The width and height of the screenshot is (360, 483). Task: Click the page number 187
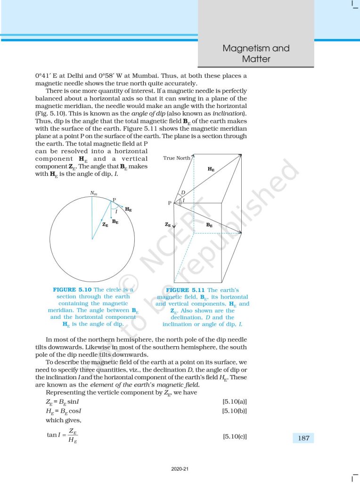[304, 438]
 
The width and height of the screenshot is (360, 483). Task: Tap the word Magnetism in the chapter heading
[244, 49]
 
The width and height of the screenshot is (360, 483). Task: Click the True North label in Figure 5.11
[176, 158]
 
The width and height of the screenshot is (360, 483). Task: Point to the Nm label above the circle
[93, 192]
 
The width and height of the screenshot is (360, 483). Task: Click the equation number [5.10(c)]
[234, 436]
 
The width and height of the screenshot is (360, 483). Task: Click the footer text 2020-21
[180, 469]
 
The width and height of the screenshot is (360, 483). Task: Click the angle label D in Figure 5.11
[184, 193]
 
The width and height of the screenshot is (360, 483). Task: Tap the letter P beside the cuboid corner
[170, 203]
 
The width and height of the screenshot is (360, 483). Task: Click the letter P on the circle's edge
[114, 200]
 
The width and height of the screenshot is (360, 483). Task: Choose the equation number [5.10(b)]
[234, 411]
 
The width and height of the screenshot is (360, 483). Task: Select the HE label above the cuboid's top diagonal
[211, 168]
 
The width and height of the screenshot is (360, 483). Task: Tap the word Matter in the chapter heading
[256, 59]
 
